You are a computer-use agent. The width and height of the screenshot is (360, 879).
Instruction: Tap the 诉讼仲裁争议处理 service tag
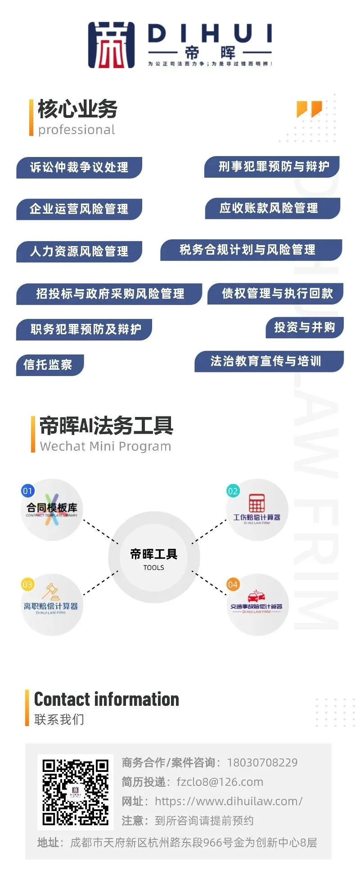click(79, 167)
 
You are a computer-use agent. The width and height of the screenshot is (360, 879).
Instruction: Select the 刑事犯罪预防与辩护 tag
click(273, 166)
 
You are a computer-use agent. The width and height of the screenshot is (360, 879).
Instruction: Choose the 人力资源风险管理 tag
click(79, 251)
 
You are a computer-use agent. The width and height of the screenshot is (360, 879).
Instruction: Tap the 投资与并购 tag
click(305, 327)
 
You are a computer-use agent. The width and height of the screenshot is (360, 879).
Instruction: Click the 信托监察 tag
click(48, 364)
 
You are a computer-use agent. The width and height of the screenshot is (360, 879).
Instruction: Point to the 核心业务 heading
click(78, 109)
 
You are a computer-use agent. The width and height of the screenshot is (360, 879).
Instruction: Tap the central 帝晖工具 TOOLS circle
click(154, 557)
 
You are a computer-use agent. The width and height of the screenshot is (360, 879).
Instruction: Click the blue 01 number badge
click(28, 491)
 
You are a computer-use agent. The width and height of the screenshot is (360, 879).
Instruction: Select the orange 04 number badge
click(233, 584)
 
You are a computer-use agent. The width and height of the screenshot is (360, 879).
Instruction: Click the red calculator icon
click(256, 503)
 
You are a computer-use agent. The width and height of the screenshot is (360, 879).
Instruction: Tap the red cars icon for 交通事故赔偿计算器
click(256, 597)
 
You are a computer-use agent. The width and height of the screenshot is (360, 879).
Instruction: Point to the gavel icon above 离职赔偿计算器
click(51, 592)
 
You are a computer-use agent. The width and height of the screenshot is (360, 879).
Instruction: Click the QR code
click(75, 792)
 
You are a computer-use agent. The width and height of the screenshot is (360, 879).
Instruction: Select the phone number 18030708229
click(262, 762)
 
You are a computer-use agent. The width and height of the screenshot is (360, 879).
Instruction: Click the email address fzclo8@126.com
click(220, 782)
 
